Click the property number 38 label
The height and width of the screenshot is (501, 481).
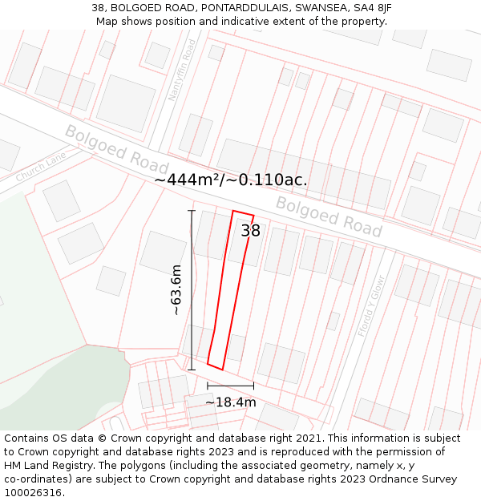click(x=251, y=231)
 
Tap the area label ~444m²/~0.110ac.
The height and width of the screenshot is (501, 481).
click(x=230, y=180)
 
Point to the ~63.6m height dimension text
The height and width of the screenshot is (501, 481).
click(x=176, y=289)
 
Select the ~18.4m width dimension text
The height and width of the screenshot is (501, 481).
click(x=231, y=402)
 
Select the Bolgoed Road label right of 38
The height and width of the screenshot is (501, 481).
click(x=329, y=216)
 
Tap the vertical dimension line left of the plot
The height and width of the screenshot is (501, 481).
click(x=192, y=289)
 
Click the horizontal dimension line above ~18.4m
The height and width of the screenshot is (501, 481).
click(x=230, y=386)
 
